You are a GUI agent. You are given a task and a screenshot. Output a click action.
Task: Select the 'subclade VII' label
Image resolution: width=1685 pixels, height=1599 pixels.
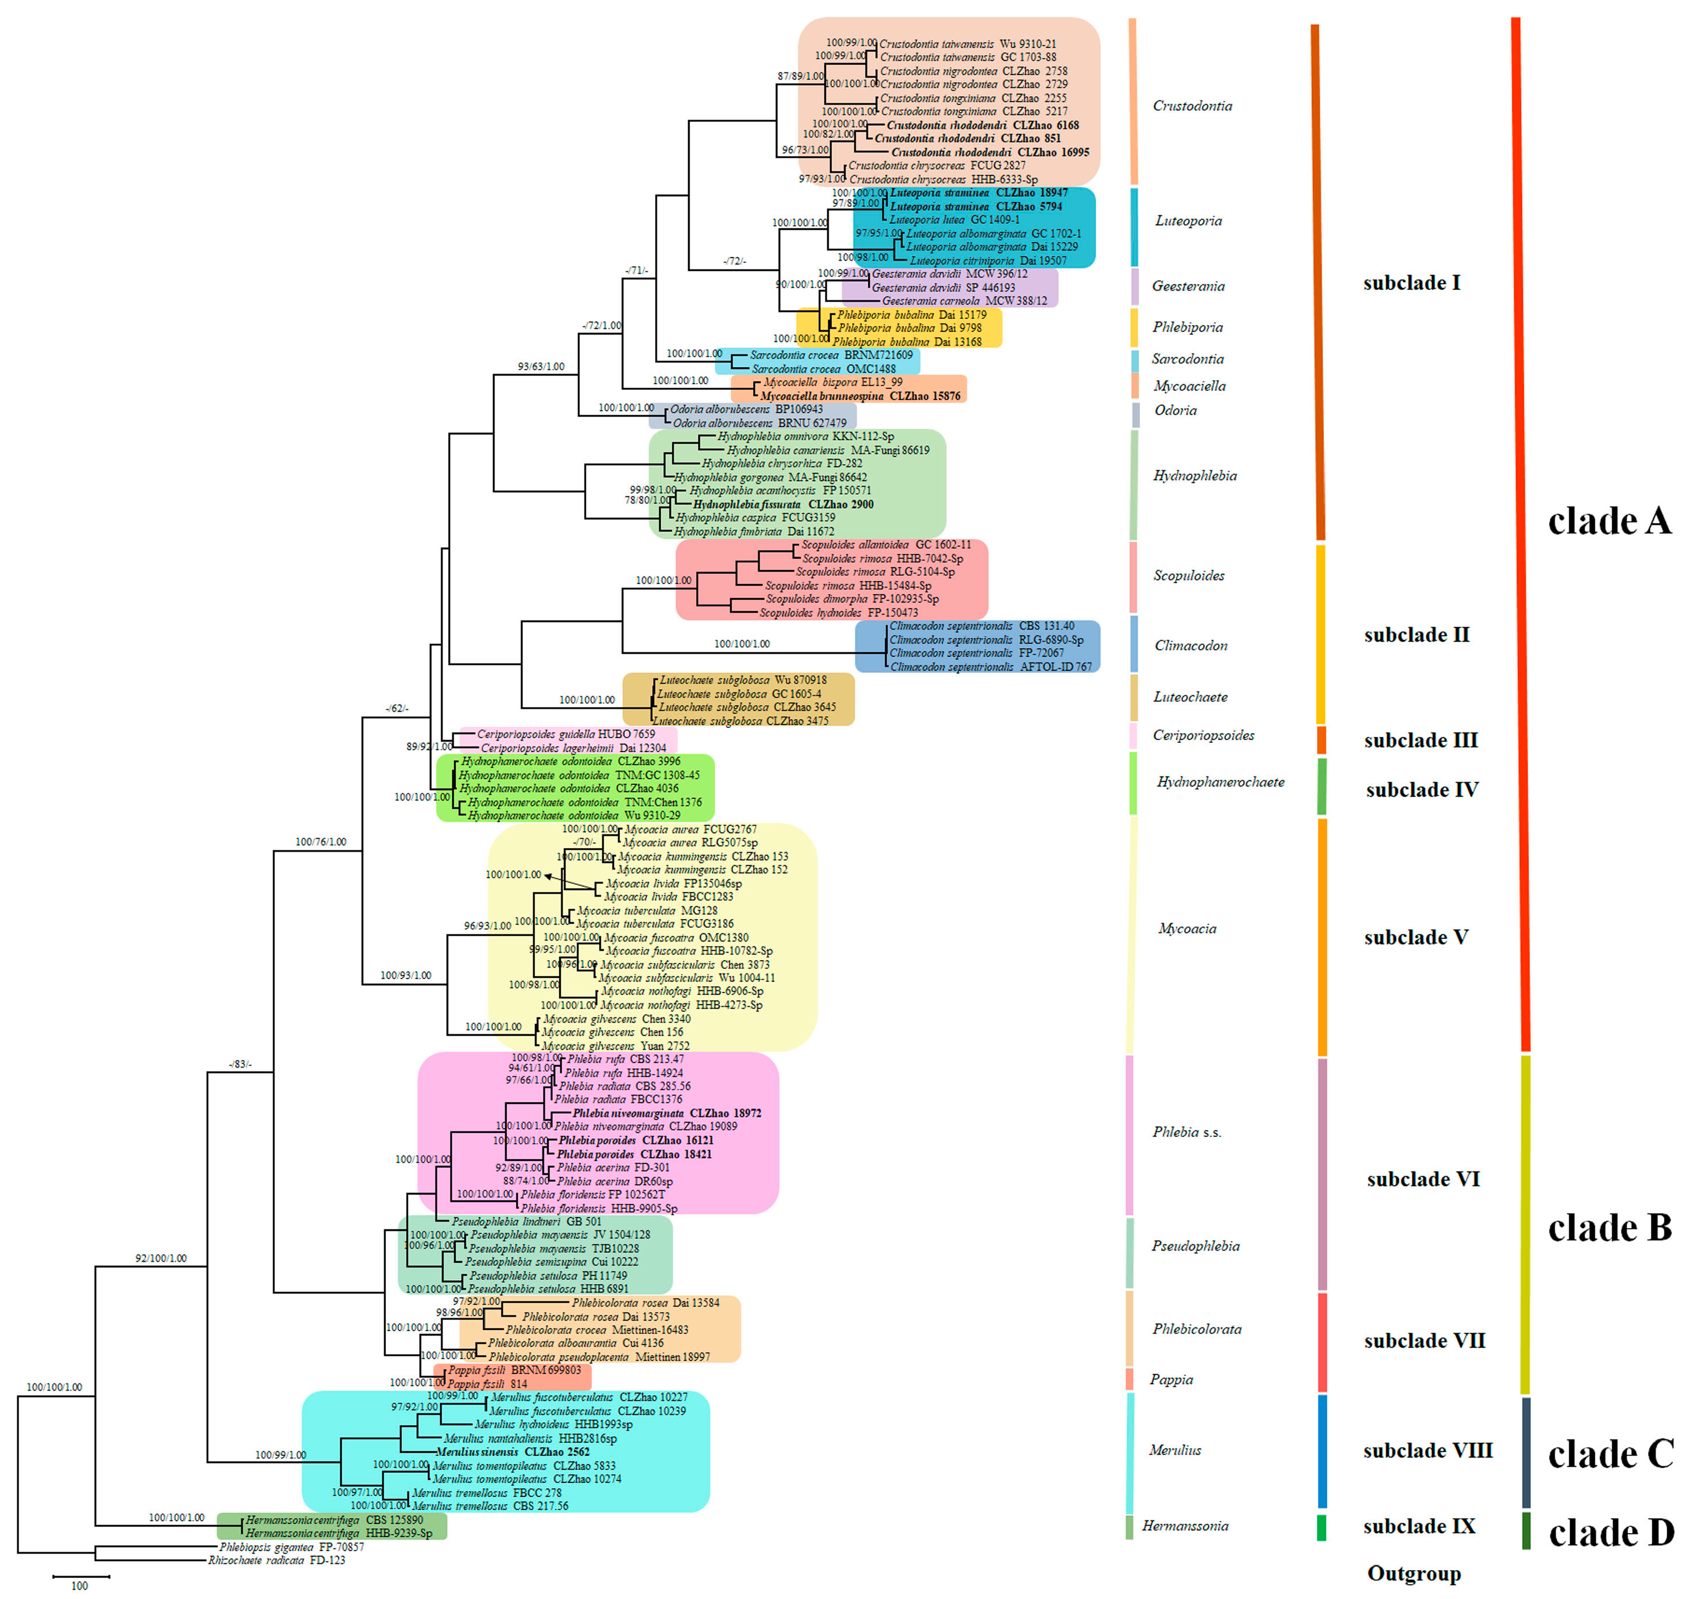(x=1423, y=1341)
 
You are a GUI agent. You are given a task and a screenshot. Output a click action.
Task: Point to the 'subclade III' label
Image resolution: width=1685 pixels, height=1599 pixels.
(x=1420, y=740)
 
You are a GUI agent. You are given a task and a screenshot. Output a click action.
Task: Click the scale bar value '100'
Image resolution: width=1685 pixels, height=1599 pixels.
(x=79, y=1585)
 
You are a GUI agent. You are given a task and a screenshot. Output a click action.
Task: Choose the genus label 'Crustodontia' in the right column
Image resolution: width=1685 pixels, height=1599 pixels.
(x=1192, y=106)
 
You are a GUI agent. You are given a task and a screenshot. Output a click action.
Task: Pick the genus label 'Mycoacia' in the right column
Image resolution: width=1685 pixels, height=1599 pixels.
(x=1186, y=928)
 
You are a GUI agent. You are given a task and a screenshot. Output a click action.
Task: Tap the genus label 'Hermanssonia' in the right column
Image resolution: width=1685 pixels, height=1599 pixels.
(x=1185, y=1526)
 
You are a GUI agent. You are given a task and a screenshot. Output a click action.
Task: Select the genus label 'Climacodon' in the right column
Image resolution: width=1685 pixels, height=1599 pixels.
(x=1191, y=645)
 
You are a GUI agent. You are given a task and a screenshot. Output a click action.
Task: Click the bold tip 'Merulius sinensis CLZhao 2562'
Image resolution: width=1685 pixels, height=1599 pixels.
(x=512, y=1452)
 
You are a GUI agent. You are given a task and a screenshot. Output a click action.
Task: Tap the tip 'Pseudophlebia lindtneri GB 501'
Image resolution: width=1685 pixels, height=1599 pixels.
(x=526, y=1221)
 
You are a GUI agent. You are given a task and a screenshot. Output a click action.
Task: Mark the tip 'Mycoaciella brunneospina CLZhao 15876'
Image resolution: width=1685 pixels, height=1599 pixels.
(x=859, y=396)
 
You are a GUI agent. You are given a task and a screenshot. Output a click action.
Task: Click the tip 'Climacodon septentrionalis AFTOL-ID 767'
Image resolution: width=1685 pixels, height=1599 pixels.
(x=990, y=667)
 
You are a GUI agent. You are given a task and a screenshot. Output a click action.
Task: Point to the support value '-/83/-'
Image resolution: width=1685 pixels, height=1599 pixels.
(x=240, y=1063)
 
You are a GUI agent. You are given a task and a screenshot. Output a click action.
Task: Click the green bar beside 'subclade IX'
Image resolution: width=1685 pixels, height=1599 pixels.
(x=1321, y=1527)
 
